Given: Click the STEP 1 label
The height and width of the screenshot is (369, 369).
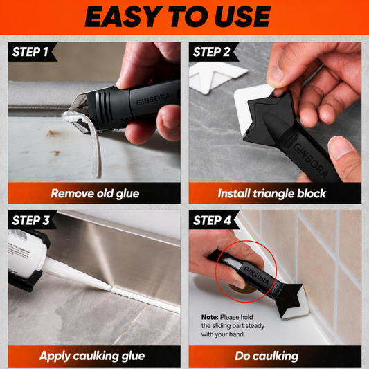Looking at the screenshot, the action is (x=30, y=52).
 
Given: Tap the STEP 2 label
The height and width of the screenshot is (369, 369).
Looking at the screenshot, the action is (x=211, y=52).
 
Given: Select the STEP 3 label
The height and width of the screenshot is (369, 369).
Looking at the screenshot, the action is (x=30, y=220).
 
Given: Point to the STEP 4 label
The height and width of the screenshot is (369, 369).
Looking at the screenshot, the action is (x=212, y=220).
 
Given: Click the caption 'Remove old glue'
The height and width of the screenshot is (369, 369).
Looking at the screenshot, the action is (x=95, y=194).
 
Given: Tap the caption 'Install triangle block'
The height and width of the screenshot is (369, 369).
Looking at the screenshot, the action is (x=272, y=193).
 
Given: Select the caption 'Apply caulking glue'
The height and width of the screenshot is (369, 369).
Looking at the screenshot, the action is (x=92, y=356).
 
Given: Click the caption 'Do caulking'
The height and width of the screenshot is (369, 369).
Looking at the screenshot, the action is (x=267, y=356).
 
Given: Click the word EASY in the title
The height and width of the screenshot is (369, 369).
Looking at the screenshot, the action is (x=123, y=17).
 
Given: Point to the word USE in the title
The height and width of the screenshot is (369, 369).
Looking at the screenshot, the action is (x=242, y=17).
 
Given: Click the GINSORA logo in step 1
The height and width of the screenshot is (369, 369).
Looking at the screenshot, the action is (x=154, y=99).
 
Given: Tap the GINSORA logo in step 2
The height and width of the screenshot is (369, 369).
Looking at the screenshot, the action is (x=310, y=160).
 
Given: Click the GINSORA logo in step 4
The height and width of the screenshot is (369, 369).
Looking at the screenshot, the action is (x=257, y=276).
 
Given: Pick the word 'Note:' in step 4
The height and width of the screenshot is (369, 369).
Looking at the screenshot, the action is (x=210, y=317).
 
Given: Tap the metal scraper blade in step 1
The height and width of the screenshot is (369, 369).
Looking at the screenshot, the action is (x=79, y=111).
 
